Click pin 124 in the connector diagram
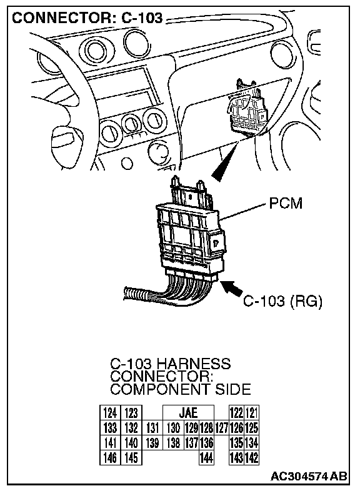click(110, 413)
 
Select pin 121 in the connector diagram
click(252, 413)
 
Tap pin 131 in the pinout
click(152, 428)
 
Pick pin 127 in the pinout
click(221, 428)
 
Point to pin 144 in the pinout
click(206, 458)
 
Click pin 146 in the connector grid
click(110, 458)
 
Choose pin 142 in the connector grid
click(252, 458)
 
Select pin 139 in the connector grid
click(152, 443)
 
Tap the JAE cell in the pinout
click(188, 413)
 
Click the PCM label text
click(286, 203)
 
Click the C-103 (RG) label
click(282, 301)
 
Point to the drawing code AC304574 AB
click(309, 476)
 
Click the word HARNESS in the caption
click(193, 364)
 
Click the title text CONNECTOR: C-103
click(87, 18)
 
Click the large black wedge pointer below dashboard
click(225, 162)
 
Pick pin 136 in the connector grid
click(206, 443)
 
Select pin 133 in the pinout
click(110, 428)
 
